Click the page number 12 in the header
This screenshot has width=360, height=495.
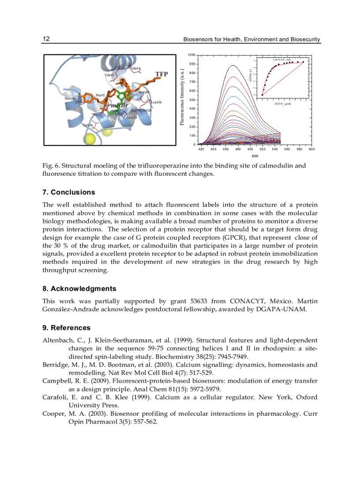tap(46, 39)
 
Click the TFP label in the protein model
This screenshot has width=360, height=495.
tap(161, 74)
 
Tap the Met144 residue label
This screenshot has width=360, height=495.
tap(70, 99)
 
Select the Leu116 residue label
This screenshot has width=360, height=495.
tap(156, 102)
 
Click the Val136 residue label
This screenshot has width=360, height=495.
tap(88, 126)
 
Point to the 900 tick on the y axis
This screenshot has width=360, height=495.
tap(191, 64)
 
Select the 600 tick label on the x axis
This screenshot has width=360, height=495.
tap(311, 149)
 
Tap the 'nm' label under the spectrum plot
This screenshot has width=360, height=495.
tap(255, 156)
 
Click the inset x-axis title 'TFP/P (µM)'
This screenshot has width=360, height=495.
tap(282, 104)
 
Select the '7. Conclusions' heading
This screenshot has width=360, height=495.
tap(68, 192)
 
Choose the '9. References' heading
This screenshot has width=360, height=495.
tap(66, 328)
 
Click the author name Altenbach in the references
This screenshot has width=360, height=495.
tap(57, 340)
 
